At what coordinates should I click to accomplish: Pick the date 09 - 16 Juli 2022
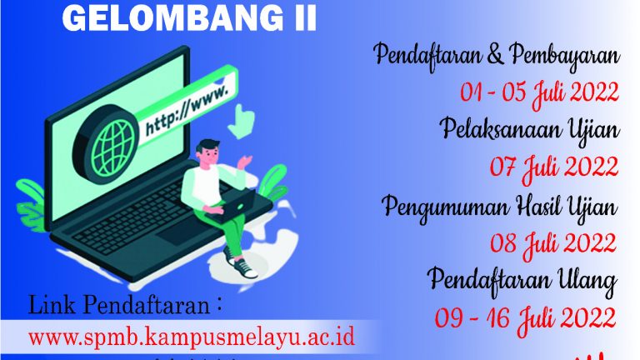pyautogui.click(x=527, y=317)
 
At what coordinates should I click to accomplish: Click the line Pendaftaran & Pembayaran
pyautogui.click(x=496, y=57)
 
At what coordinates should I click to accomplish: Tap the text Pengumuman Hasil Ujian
pyautogui.click(x=500, y=204)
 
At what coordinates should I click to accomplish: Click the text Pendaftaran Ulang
pyautogui.click(x=522, y=280)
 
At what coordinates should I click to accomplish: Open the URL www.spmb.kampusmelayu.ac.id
pyautogui.click(x=192, y=338)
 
